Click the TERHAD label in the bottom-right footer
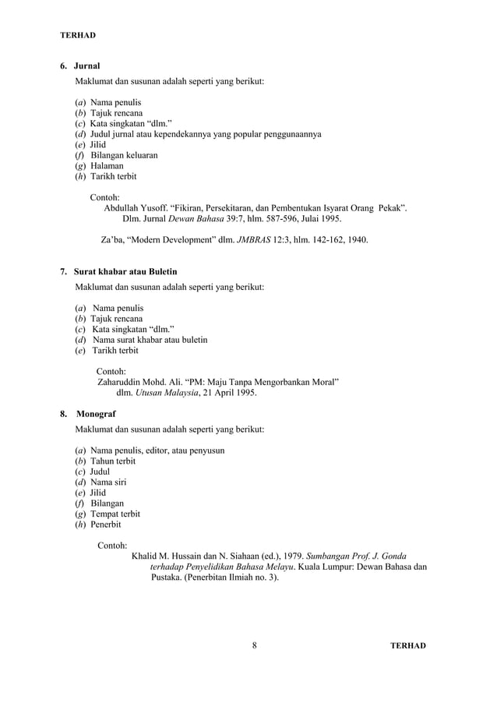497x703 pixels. pos(408,646)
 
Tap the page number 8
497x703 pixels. pos(255,646)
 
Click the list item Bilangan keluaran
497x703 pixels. pos(124,155)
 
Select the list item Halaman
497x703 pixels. pos(107,166)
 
